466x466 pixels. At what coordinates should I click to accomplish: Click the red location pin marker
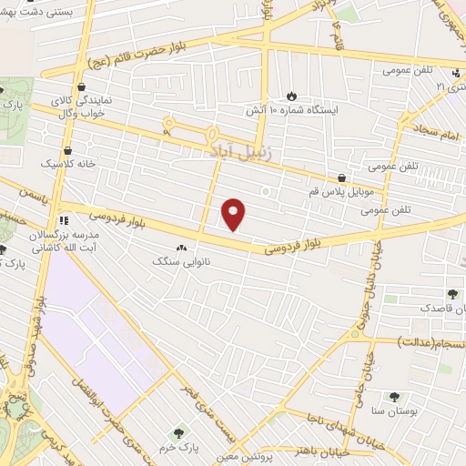click(234, 214)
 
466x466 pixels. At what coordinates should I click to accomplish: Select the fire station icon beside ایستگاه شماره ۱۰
click(291, 95)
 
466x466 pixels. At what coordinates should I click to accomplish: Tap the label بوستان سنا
click(394, 411)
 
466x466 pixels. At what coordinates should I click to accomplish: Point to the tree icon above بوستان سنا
click(394, 397)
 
